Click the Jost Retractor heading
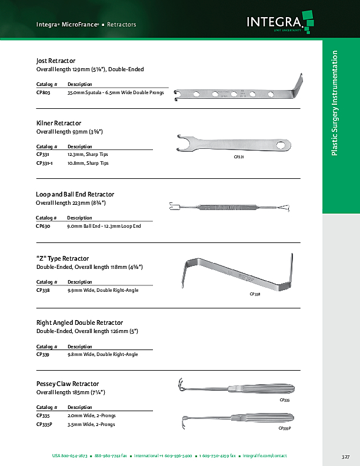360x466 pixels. pos(56,61)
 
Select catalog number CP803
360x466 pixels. pos(44,93)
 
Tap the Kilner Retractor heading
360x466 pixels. pos(58,124)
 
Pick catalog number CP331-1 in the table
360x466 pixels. pos(45,163)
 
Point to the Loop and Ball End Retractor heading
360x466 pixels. pos(75,194)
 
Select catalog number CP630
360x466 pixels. pos(44,225)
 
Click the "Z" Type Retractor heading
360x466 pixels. pos(62,259)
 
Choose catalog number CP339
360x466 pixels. pos(43,354)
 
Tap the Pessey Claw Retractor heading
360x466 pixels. pos(68,384)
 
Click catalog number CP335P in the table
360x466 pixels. pos(45,424)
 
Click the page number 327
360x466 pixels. pos(345,457)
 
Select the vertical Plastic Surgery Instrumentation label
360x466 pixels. pos(335,103)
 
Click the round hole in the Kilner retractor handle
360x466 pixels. pos(282,145)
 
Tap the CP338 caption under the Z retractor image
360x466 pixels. pos(255,294)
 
